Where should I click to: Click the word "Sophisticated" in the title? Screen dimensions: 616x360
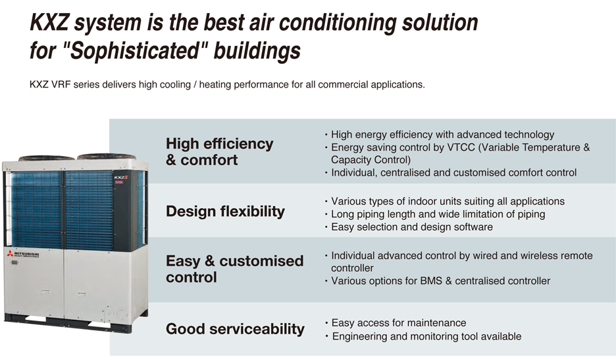coord(134,51)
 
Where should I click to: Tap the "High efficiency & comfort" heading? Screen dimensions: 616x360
coord(219,152)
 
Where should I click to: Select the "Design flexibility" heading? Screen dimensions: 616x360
coord(225,211)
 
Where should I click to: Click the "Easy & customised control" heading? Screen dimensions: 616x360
coord(234,269)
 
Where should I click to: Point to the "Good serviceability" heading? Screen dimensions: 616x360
coord(235,329)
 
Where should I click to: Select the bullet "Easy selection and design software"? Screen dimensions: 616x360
coord(412,227)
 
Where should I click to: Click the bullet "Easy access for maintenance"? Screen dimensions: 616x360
coord(399,322)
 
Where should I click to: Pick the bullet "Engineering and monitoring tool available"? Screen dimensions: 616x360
coord(426,336)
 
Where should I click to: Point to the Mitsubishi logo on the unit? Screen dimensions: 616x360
coord(23,254)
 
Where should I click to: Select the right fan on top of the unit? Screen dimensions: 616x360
coord(107,157)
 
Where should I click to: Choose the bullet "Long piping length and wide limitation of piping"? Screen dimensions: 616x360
coord(438,214)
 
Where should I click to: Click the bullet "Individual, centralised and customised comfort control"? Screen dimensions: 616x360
coord(453,172)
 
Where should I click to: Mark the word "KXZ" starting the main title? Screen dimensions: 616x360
coord(49,22)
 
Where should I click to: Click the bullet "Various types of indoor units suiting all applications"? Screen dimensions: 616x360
coord(448,201)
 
